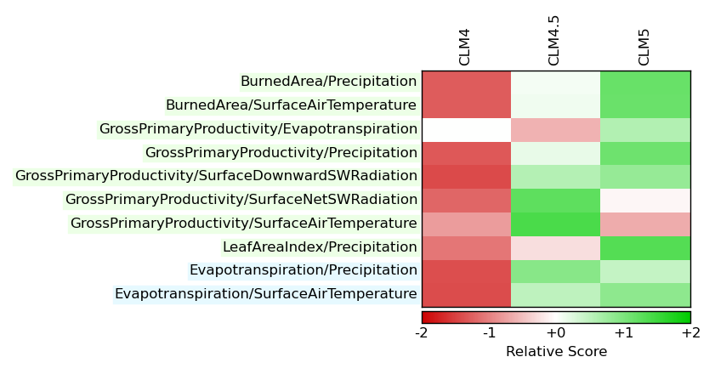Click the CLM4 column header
coord(464,48)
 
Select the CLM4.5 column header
coord(553,41)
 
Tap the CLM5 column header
coord(644,48)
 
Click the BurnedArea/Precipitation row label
coord(329,82)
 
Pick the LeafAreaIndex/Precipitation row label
coord(320,246)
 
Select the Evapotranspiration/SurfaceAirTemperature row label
coord(266,294)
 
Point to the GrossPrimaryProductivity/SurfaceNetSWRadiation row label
coord(241,199)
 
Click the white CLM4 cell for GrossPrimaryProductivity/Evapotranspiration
coord(467,130)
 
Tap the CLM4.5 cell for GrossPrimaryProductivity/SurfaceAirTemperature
coord(556,224)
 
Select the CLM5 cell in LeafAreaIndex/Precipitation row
coord(645,248)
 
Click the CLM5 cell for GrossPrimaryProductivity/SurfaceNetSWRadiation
coord(645,201)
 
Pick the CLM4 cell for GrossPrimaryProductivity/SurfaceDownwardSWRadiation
coord(467,177)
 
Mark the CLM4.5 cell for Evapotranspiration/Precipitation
coord(556,272)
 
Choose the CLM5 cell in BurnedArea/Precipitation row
coord(645,83)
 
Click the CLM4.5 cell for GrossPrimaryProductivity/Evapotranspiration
coord(556,130)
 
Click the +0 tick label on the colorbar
coord(556,333)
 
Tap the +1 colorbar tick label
coord(623,333)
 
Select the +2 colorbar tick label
coord(691,333)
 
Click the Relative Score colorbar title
coord(556,352)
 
